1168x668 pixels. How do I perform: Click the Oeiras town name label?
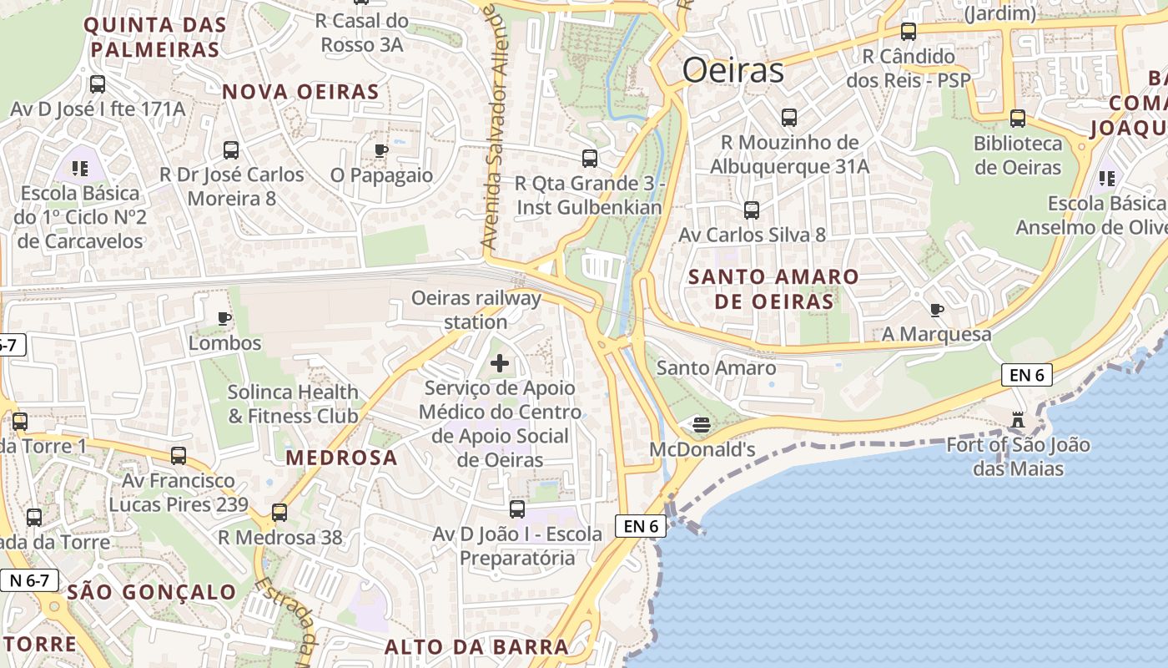pyautogui.click(x=733, y=71)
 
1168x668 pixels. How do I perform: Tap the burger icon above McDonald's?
pyautogui.click(x=702, y=424)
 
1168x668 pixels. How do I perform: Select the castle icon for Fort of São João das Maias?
pyautogui.click(x=1017, y=419)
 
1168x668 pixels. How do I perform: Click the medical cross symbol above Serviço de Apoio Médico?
pyautogui.click(x=500, y=363)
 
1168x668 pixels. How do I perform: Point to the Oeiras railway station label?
pyautogui.click(x=476, y=310)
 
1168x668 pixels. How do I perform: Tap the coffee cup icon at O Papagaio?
pyautogui.click(x=381, y=150)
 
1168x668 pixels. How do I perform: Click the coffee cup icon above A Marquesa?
pyautogui.click(x=937, y=310)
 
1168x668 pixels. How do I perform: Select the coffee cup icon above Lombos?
pyautogui.click(x=224, y=318)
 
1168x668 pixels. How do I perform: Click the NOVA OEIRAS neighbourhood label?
pyautogui.click(x=300, y=92)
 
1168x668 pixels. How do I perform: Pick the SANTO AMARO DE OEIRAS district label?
pyautogui.click(x=774, y=289)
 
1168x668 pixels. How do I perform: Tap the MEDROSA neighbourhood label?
pyautogui.click(x=341, y=458)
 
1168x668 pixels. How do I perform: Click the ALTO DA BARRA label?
pyautogui.click(x=476, y=646)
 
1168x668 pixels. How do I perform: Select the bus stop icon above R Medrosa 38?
pyautogui.click(x=279, y=512)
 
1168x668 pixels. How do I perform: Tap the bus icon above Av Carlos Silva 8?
pyautogui.click(x=752, y=210)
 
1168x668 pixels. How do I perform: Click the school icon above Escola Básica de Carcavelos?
pyautogui.click(x=80, y=169)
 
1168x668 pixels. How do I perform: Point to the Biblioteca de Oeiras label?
pyautogui.click(x=1018, y=155)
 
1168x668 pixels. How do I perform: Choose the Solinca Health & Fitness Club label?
pyautogui.click(x=293, y=403)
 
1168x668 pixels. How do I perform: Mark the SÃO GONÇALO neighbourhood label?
pyautogui.click(x=152, y=593)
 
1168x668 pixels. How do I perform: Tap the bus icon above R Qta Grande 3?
pyautogui.click(x=590, y=158)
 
